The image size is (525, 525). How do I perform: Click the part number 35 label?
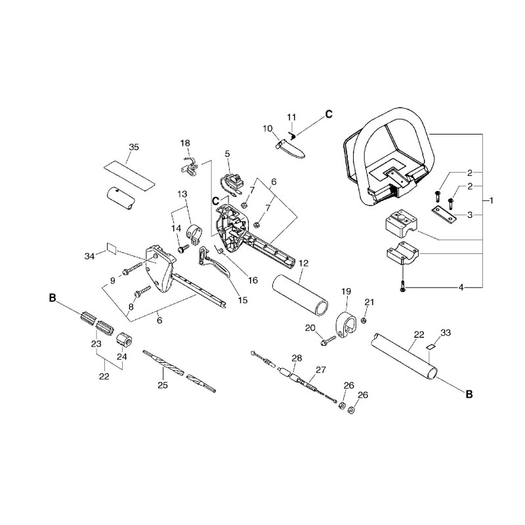click(x=134, y=147)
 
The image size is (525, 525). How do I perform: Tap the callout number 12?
click(x=303, y=263)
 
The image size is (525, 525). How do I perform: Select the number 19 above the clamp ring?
click(x=346, y=291)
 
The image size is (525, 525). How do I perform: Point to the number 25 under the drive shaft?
click(x=163, y=385)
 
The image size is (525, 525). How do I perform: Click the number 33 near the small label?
click(x=446, y=333)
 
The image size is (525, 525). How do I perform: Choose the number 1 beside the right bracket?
click(x=491, y=201)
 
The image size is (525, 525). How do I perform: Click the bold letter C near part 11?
click(x=329, y=114)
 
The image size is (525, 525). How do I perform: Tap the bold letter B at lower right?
click(x=469, y=394)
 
